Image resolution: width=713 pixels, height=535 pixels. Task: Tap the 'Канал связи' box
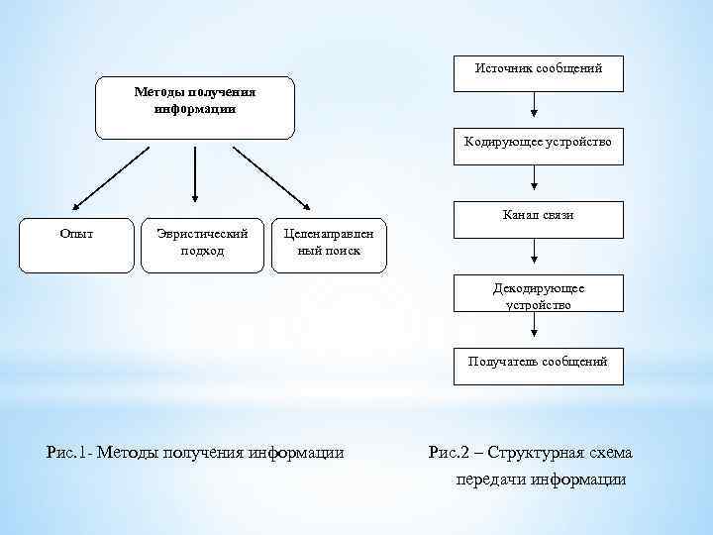click(538, 219)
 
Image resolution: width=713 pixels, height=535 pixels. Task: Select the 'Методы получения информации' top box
click(194, 107)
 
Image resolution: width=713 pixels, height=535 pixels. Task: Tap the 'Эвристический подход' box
click(202, 245)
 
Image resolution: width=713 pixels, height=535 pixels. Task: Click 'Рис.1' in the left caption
click(68, 453)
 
